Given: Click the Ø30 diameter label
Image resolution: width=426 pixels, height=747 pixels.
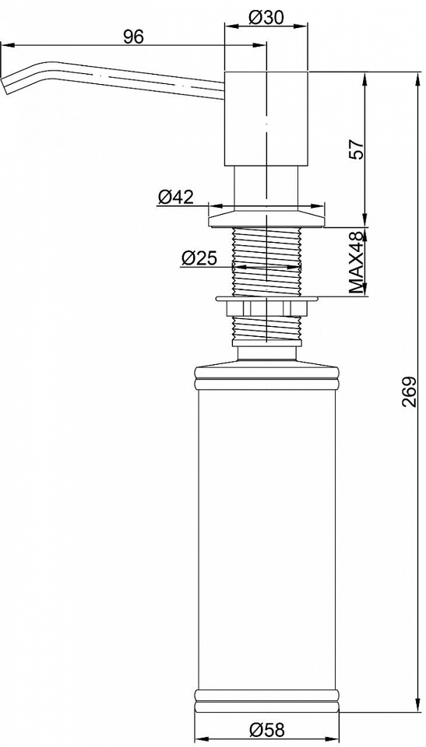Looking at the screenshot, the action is pyautogui.click(x=266, y=18).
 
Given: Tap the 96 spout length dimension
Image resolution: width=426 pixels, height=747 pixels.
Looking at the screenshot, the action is pyautogui.click(x=133, y=37).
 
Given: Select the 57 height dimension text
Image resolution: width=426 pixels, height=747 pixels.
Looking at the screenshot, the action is pyautogui.click(x=357, y=149).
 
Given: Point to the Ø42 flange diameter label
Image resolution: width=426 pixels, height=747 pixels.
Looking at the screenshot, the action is pyautogui.click(x=175, y=196).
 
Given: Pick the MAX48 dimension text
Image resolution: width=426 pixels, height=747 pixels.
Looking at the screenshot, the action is pyautogui.click(x=357, y=263).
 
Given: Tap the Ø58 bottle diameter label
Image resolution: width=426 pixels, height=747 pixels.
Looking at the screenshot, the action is pyautogui.click(x=266, y=729).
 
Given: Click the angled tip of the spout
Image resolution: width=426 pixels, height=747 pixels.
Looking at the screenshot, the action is pyautogui.click(x=5, y=86).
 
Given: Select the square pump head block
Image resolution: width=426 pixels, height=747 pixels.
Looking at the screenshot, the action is pyautogui.click(x=266, y=119).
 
